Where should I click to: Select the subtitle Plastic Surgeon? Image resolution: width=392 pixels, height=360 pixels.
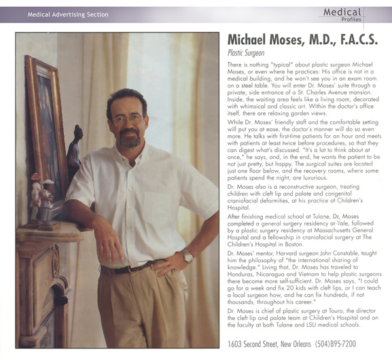(246, 52)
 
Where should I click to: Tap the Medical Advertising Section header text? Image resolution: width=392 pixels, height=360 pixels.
(68, 13)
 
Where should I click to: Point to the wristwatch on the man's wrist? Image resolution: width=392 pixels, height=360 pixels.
(188, 256)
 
